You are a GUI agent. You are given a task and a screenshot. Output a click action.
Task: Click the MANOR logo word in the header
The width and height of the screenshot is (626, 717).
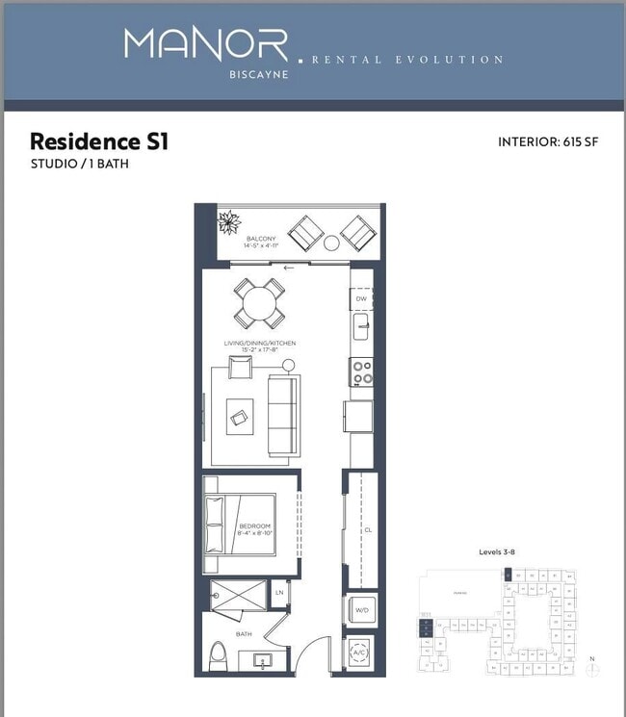pos(205,44)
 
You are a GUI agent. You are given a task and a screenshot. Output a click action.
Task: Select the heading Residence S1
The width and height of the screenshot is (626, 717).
pos(99,142)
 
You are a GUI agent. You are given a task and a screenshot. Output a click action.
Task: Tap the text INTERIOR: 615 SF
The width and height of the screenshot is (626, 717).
pos(548,142)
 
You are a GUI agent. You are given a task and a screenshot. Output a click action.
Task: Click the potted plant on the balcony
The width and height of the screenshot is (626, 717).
pos(230,224)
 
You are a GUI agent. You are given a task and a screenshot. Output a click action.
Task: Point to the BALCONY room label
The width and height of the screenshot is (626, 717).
pos(261,239)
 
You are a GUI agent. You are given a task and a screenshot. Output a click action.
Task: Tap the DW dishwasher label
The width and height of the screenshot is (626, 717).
pos(361,298)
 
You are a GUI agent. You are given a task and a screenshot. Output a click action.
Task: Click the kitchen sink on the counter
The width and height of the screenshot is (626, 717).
pos(361,329)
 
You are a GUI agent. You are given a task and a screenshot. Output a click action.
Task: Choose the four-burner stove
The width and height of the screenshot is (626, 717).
pos(361,371)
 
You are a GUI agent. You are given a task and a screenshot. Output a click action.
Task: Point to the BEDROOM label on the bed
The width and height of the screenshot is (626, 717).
pos(254,526)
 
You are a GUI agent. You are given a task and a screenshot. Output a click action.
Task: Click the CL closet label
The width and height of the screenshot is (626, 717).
pos(367,530)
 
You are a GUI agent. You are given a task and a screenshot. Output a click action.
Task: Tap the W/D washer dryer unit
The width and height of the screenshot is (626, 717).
pos(361,608)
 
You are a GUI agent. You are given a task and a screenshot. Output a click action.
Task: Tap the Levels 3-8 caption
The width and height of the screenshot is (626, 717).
pos(500,552)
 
